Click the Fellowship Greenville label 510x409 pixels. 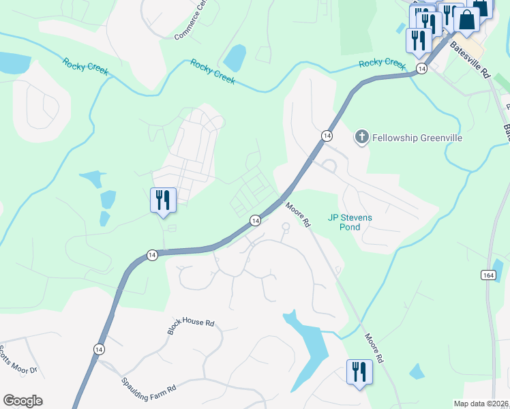click(417, 138)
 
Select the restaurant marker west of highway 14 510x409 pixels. click(163, 200)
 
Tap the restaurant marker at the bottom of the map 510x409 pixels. click(359, 372)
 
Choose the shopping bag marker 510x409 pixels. click(467, 20)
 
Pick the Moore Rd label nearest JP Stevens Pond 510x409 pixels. click(298, 213)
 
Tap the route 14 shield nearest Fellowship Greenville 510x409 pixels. click(327, 136)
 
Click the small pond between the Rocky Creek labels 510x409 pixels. click(235, 58)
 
